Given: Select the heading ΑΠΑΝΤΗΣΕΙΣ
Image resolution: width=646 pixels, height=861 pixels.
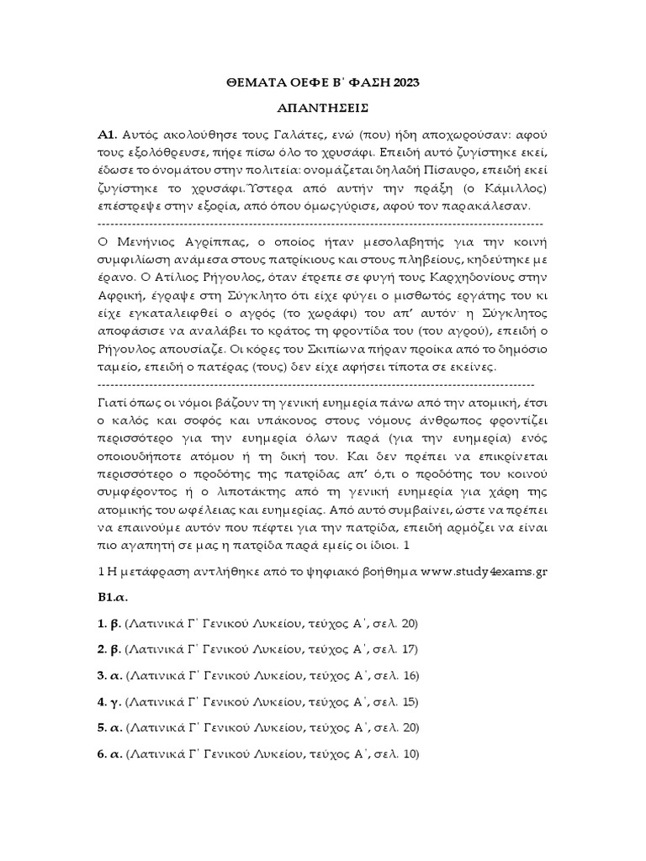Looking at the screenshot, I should [323, 108].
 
